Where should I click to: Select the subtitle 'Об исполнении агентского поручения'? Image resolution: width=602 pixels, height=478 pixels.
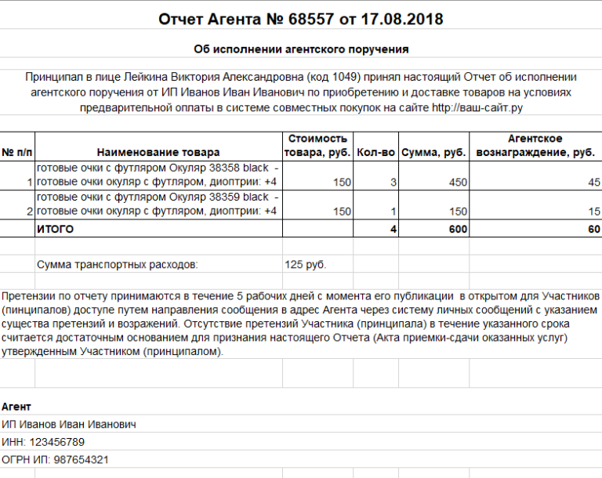[301, 49]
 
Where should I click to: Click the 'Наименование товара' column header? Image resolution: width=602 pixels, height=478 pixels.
[158, 152]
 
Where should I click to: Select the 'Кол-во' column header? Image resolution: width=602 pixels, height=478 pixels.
[375, 152]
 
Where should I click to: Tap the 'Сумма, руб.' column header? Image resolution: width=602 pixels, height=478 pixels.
[434, 152]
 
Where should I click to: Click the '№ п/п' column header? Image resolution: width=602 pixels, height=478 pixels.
[17, 152]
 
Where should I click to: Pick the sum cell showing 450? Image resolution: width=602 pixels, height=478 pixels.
[457, 183]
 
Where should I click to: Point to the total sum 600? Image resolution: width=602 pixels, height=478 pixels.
[458, 230]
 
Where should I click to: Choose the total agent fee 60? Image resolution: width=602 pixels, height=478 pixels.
[593, 230]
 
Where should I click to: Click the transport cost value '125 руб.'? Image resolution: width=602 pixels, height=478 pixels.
[306, 265]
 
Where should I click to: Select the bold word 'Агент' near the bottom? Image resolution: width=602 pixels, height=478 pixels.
[16, 407]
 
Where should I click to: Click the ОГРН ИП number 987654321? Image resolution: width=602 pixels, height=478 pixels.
[81, 459]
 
